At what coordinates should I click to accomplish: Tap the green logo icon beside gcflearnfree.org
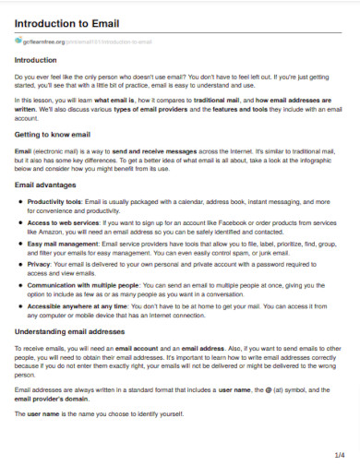coord(17,42)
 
